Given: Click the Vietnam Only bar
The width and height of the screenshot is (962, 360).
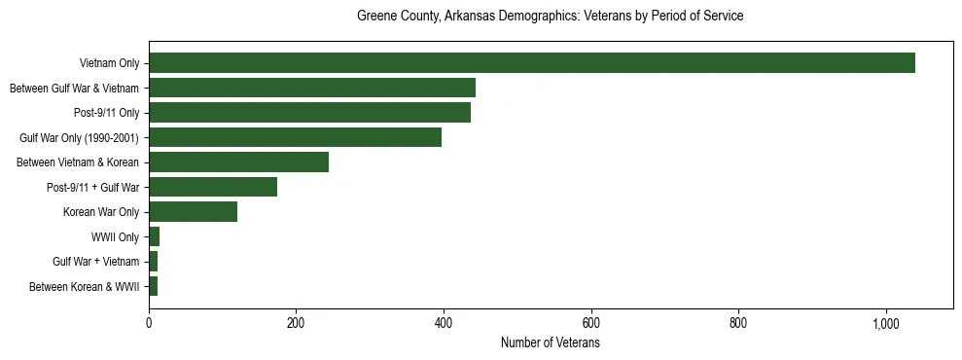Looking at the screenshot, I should point(532,63).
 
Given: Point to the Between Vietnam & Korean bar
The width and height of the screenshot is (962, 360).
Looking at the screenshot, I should point(238,162).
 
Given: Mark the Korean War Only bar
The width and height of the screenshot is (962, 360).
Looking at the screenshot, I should point(193,211).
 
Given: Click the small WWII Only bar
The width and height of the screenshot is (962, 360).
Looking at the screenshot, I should point(154,236).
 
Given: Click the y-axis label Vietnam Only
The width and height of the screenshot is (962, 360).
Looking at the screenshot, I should point(109,63).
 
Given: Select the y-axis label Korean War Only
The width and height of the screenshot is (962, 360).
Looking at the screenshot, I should point(102,211).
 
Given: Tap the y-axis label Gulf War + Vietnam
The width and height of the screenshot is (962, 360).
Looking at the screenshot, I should point(97,262).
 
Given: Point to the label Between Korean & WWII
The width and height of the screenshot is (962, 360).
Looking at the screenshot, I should point(85,286).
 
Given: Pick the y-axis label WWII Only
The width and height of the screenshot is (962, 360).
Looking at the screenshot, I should point(115,236).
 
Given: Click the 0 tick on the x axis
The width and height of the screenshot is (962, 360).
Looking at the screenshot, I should point(149,322).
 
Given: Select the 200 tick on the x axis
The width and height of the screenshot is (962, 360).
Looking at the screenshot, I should point(296,322).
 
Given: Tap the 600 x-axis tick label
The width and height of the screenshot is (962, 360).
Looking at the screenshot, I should point(590,322).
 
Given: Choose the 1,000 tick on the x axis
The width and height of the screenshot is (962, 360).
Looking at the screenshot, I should point(886,322).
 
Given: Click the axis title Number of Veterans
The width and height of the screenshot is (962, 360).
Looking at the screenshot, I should point(551,342).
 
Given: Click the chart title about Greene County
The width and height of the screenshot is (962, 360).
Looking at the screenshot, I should point(551,17).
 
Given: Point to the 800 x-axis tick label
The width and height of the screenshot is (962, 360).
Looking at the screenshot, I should point(738,322).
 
